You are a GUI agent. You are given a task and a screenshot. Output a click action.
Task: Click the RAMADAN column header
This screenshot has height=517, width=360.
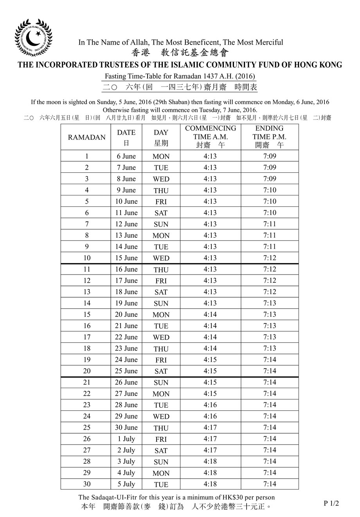(x=86, y=137)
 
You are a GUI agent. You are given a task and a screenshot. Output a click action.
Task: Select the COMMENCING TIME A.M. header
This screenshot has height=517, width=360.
(x=211, y=137)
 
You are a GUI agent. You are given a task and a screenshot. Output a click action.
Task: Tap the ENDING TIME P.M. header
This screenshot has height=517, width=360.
(x=269, y=137)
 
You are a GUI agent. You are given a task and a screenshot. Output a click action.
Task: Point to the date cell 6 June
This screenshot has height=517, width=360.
(x=126, y=156)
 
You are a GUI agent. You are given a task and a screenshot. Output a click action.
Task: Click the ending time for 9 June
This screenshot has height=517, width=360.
(x=270, y=190)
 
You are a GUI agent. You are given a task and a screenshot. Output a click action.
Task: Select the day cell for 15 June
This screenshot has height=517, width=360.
(x=161, y=258)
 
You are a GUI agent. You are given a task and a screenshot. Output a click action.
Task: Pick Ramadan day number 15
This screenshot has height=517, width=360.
(x=86, y=315)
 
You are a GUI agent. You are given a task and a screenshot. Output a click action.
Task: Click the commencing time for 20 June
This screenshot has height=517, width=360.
(x=210, y=315)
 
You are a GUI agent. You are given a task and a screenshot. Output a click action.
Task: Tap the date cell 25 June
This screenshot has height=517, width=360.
(x=126, y=371)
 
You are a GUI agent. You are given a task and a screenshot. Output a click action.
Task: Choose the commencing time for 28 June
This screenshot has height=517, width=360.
(x=210, y=405)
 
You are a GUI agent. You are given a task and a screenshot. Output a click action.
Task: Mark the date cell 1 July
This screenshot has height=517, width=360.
(x=126, y=439)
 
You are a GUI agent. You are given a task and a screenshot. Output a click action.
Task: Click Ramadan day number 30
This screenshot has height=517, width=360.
(x=86, y=484)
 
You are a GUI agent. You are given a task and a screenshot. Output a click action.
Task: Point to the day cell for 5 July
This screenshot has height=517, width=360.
(x=161, y=484)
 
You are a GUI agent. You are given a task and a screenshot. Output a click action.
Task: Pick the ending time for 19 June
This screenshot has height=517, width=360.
(x=270, y=303)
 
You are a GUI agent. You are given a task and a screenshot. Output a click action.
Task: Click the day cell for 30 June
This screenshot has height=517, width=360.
(x=161, y=428)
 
